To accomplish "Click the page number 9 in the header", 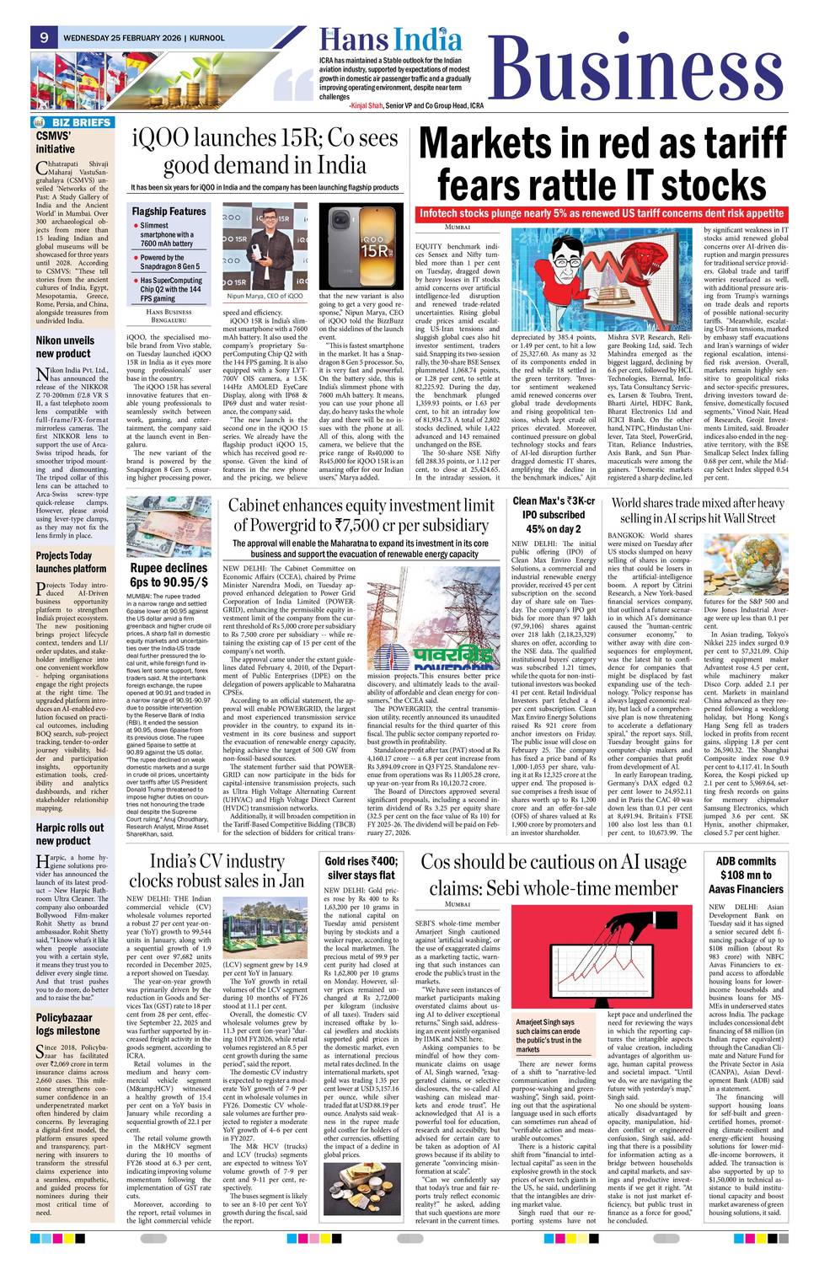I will coord(43,37).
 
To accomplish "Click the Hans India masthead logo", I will coord(390,40).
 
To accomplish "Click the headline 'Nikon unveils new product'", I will coord(65,347).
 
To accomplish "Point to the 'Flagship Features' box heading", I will coord(168,211).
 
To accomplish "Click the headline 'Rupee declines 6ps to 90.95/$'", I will coord(169,575).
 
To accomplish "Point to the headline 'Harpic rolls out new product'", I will coord(70,833).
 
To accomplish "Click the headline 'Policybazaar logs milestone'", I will coord(67,1024).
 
